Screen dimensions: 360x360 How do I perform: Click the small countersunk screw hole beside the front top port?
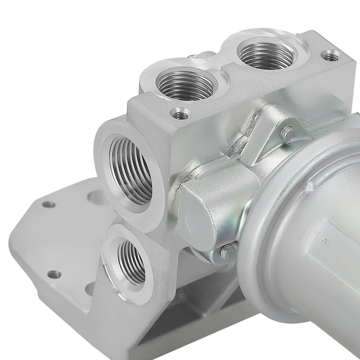(178, 115)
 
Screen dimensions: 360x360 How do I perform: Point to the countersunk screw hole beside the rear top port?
(329, 56)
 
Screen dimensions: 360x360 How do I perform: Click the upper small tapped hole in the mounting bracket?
(48, 204)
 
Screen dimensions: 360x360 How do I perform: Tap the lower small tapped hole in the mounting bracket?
(54, 274)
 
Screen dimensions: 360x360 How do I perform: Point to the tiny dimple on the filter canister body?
(324, 241)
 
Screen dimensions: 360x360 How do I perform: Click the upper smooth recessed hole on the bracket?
(94, 196)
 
